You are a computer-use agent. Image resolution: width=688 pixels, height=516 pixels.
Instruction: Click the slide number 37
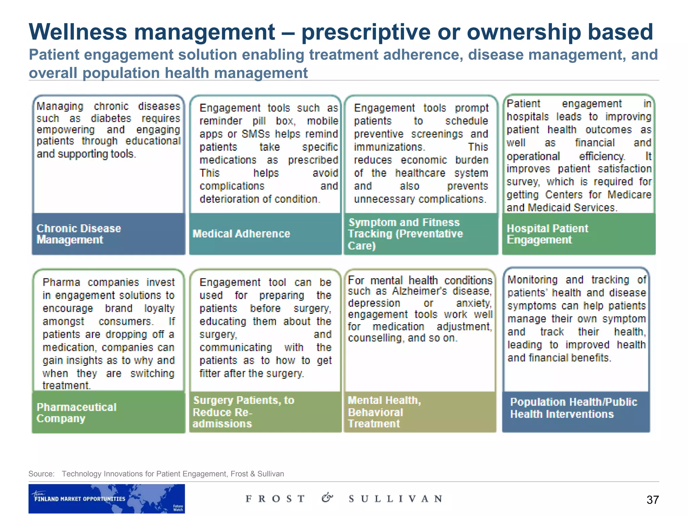(652, 500)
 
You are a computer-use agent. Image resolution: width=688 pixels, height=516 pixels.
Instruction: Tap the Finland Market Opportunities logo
(106, 499)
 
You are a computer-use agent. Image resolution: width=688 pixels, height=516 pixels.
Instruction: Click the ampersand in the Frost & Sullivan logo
(327, 498)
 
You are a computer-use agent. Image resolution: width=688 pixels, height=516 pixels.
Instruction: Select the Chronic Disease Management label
(79, 234)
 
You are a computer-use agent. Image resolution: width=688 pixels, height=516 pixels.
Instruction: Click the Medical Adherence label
(241, 234)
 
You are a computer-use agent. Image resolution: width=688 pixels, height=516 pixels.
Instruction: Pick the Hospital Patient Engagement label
(547, 234)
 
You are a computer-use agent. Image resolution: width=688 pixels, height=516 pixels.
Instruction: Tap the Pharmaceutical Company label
(76, 413)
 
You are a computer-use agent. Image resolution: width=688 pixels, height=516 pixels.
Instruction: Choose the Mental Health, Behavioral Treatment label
(384, 412)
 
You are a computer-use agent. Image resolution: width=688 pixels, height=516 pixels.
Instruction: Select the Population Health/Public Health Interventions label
(573, 408)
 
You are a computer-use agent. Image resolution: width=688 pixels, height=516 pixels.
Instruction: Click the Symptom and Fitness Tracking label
(405, 234)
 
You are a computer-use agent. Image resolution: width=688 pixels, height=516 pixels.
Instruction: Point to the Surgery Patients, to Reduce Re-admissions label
(243, 412)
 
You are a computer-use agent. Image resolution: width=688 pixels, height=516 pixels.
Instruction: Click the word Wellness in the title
(78, 32)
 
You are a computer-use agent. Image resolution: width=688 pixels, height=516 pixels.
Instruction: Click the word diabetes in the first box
(111, 119)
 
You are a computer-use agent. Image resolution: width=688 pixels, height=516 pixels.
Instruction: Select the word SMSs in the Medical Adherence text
(255, 134)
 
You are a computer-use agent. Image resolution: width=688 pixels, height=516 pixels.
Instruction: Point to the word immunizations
(389, 147)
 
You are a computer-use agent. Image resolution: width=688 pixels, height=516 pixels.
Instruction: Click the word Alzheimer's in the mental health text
(420, 291)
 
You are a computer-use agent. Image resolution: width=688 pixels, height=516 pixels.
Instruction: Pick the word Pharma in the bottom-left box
(61, 282)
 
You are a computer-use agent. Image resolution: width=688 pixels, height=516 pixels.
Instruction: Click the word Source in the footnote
(41, 474)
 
